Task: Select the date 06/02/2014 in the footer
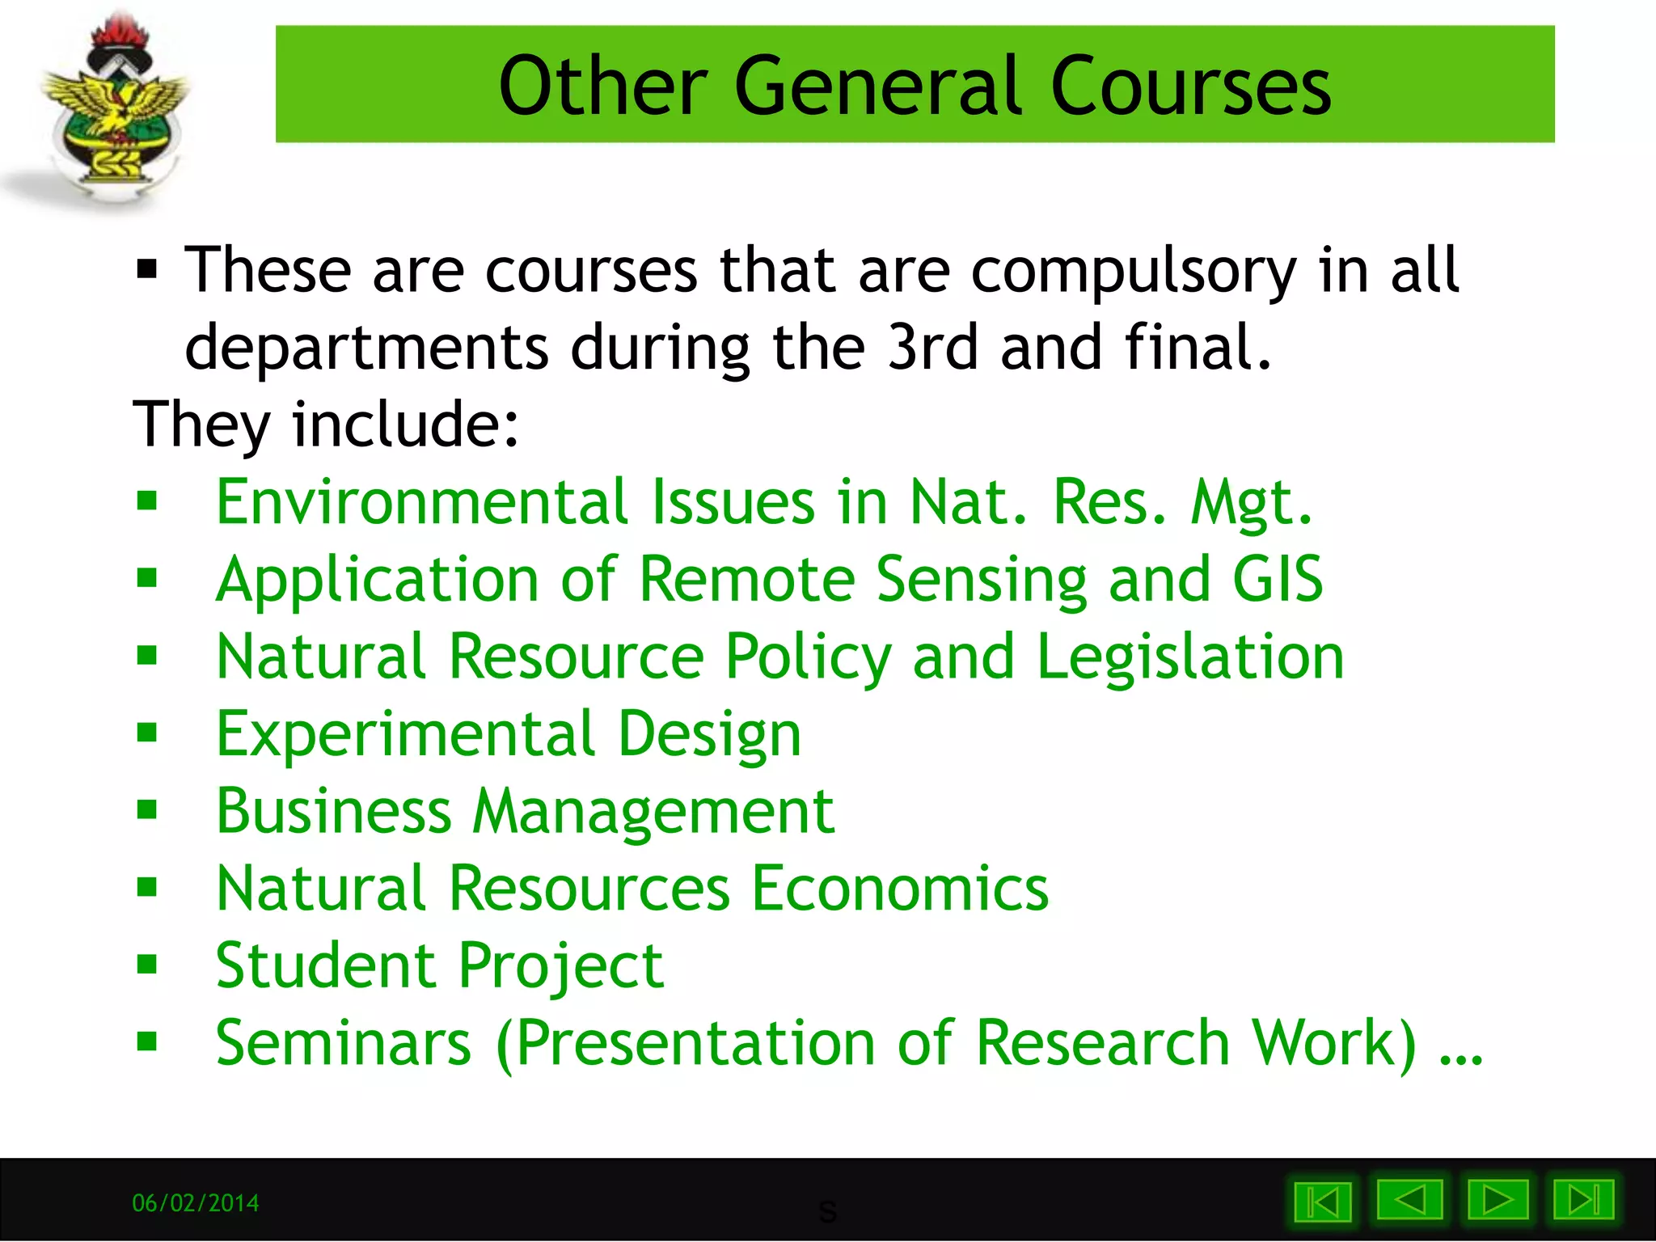(x=196, y=1203)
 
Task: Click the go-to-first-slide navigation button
(x=1323, y=1202)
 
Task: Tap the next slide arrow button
(x=1498, y=1200)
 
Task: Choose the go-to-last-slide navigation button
(x=1583, y=1200)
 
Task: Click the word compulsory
(x=1134, y=272)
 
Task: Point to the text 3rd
(x=932, y=348)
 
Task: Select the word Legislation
(x=1190, y=657)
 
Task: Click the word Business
(x=334, y=811)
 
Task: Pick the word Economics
(x=900, y=889)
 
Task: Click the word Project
(x=561, y=966)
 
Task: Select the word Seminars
(x=344, y=1043)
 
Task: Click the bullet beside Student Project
(x=147, y=965)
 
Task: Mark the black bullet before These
(x=147, y=268)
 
